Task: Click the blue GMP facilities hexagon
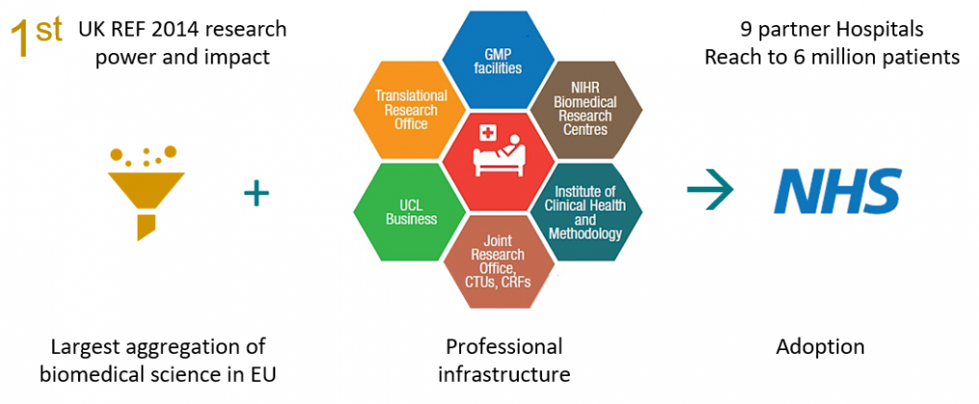coord(498,61)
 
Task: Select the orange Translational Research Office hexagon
coord(409,111)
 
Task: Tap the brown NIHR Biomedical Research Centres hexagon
coord(586,111)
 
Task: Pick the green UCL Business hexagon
coord(409,213)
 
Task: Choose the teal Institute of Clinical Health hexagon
coord(586,213)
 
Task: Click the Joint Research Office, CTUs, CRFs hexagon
coord(498,260)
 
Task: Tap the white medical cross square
coord(485,133)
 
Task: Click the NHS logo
coord(837,190)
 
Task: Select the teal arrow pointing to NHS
coord(710,191)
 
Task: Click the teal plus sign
coord(256,193)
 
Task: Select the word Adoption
coord(820,346)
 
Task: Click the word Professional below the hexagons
coord(503,346)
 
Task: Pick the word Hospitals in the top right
coord(887,30)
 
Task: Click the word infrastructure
coord(503,375)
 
